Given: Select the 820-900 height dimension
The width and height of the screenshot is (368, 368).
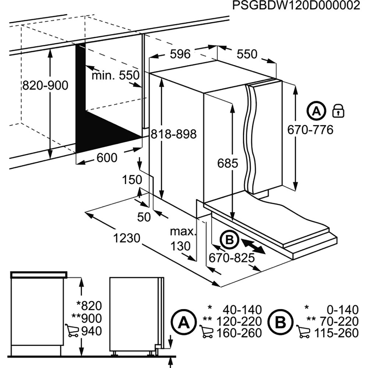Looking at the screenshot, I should pos(45,85).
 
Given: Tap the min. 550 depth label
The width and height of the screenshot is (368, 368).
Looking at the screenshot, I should pos(116,76).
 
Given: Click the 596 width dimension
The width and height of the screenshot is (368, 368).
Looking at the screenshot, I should pos(180,54).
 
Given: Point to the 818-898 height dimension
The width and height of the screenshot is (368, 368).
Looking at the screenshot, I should pos(173,134).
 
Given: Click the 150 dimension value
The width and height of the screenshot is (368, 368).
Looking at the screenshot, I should pos(132,180).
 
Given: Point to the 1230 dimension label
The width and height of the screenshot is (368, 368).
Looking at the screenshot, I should pos(126,238).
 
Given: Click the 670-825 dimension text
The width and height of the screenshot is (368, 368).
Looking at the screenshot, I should pos(231,258).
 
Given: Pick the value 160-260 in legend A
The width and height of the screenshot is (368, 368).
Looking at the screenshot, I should pos(239,333).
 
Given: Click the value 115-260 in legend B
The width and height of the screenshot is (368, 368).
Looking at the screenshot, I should pos(336,333).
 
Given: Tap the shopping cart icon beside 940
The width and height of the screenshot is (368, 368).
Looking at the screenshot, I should pos(71,330).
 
